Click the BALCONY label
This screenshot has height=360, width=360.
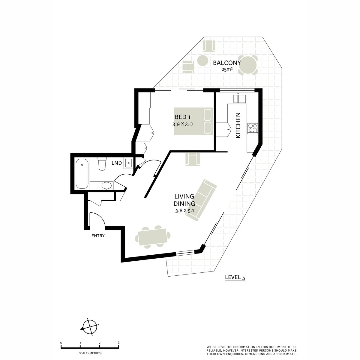click(227, 63)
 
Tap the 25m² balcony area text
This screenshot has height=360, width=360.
click(227, 70)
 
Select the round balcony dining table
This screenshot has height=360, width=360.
click(248, 65)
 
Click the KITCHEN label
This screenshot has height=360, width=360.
click(238, 125)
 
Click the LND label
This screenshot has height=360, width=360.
click(117, 163)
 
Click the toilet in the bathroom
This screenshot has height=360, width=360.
click(102, 164)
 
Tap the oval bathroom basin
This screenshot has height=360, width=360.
click(106, 186)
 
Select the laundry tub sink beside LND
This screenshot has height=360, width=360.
click(128, 163)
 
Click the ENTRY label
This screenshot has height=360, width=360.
click(98, 236)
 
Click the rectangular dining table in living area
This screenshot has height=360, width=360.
click(153, 236)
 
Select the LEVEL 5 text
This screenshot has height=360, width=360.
click(235, 277)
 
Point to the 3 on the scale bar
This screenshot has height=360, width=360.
click(119, 343)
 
